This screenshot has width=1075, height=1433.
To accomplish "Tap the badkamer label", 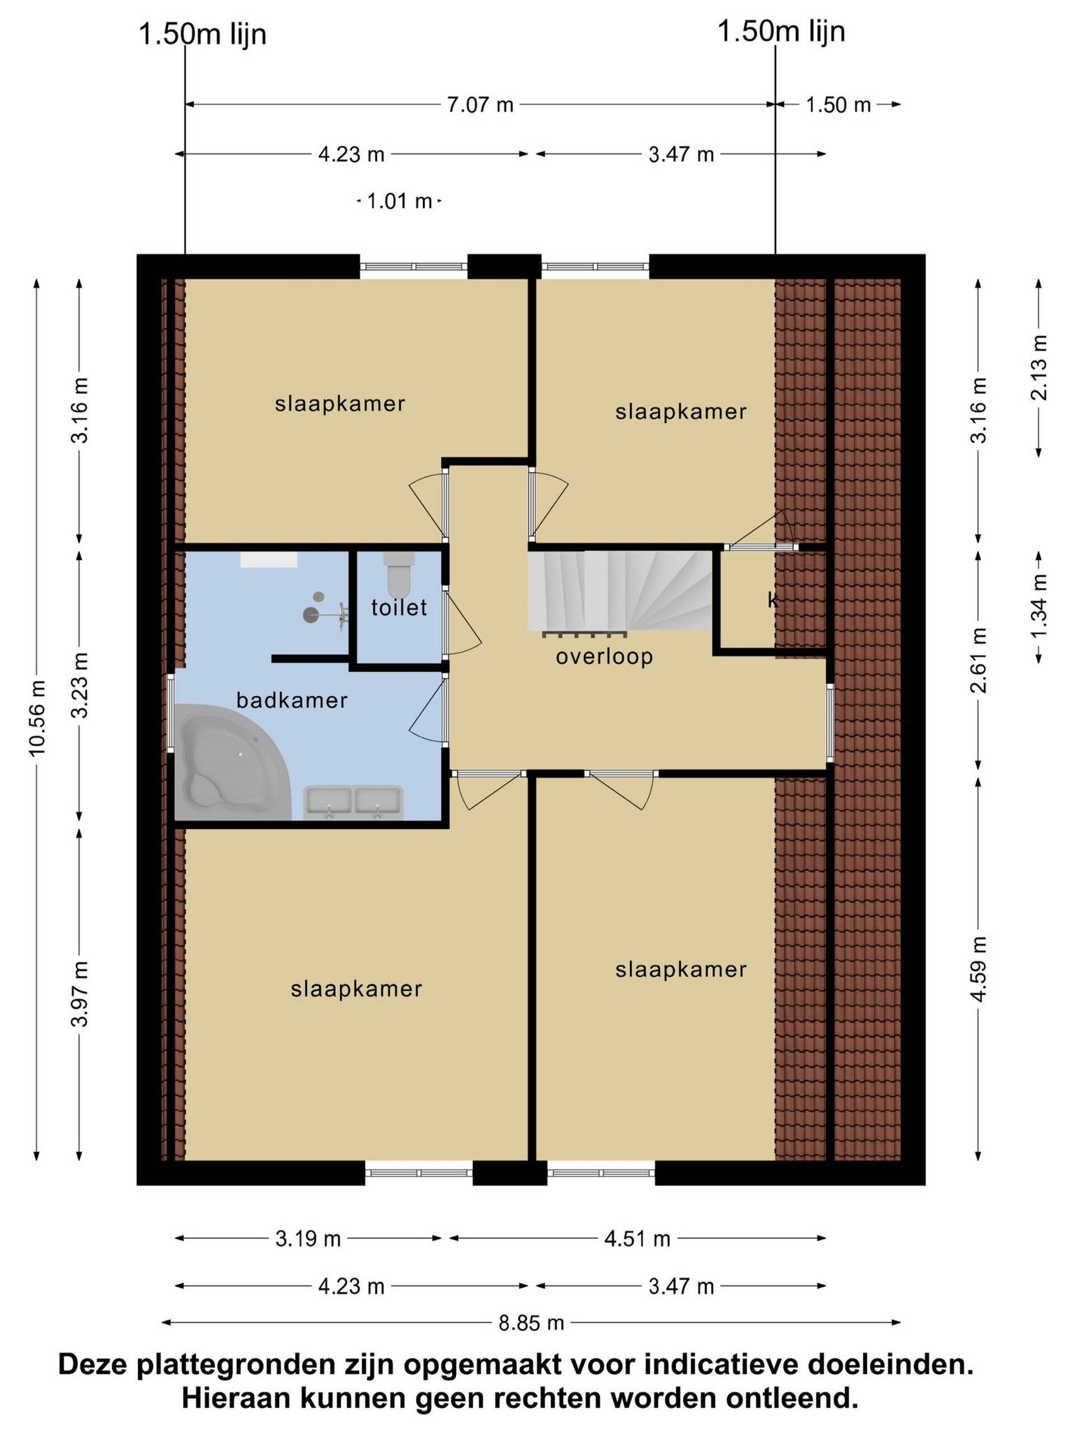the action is click(292, 700).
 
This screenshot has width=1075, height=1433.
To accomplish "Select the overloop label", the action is click(604, 657).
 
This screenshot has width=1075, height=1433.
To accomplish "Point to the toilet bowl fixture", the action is click(397, 574).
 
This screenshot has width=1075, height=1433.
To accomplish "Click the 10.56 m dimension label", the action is click(36, 717).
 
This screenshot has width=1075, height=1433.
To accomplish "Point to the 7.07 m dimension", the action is click(480, 104).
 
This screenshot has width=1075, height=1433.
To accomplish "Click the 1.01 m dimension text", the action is click(399, 202).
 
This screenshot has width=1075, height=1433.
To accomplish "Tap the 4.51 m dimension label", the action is click(637, 1239).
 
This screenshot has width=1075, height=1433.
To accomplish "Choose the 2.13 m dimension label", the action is click(1039, 367).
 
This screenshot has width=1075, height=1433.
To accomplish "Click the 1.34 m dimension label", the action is click(1039, 606).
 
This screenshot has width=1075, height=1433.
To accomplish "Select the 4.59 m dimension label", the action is click(979, 968).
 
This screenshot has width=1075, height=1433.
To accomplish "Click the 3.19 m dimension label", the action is click(308, 1239).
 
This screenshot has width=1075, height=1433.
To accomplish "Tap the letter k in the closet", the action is click(773, 600).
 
